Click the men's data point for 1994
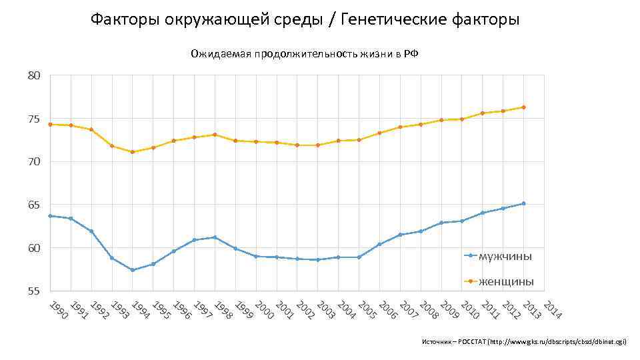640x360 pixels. click(133, 270)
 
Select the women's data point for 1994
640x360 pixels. click(133, 152)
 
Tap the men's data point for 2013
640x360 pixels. click(524, 203)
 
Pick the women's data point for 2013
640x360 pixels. click(524, 107)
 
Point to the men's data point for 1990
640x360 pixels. click(50, 216)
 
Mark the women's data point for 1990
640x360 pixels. click(50, 124)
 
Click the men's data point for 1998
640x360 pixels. click(215, 237)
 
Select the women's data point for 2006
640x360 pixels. click(379, 133)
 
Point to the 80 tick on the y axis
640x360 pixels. click(34, 76)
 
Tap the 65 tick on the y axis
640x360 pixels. click(34, 205)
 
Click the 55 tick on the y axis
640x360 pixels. click(34, 291)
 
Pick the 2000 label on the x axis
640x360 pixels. click(265, 311)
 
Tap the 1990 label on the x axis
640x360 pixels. click(59, 311)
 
